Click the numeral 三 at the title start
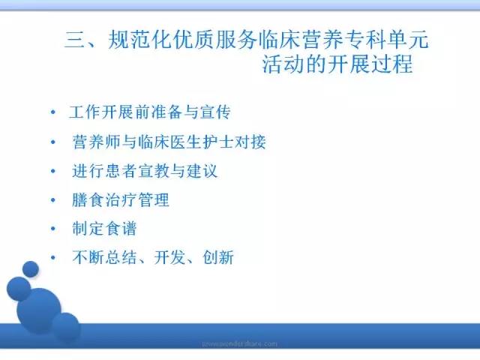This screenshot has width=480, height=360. coord(75,40)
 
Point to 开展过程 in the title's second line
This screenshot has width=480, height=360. coord(371,64)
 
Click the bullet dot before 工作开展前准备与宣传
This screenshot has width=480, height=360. coord(53,112)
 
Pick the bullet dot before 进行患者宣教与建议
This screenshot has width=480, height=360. coord(53,171)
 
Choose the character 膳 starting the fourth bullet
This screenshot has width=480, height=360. coord(80,200)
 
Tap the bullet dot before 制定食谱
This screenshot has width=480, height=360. coord(53,229)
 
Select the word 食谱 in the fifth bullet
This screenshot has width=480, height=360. coord(120,228)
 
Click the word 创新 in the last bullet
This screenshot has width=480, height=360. coord(218,257)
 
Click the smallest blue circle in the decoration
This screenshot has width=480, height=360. coord(31,269)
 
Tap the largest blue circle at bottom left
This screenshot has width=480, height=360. coord(39,310)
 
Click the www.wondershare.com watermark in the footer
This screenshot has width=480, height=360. coord(240,343)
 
